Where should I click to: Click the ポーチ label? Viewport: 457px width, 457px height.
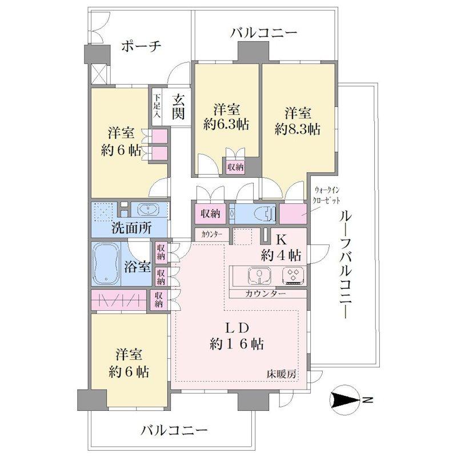pos(141,46)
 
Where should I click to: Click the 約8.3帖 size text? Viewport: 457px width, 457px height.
pos(297,129)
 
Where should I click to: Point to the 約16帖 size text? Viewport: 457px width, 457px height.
pos(236,344)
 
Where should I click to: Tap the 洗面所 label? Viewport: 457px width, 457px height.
pos(131,227)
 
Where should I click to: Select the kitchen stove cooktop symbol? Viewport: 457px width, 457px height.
pos(294,275)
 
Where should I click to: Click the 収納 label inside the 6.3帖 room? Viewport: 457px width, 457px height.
pos(235,167)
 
